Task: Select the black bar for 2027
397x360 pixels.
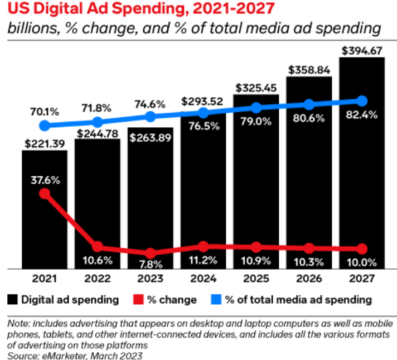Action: tap(361, 167)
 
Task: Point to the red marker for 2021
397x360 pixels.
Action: tap(45, 194)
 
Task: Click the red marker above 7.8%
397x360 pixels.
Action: tap(150, 253)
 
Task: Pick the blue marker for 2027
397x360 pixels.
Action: tap(361, 101)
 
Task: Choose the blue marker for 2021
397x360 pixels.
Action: tap(45, 126)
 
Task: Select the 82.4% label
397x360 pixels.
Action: tap(361, 116)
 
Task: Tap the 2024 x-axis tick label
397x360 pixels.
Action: tap(203, 277)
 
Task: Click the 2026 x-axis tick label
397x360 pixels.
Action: tap(308, 277)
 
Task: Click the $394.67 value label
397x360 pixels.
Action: tap(361, 51)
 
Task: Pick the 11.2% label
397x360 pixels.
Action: tap(203, 261)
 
